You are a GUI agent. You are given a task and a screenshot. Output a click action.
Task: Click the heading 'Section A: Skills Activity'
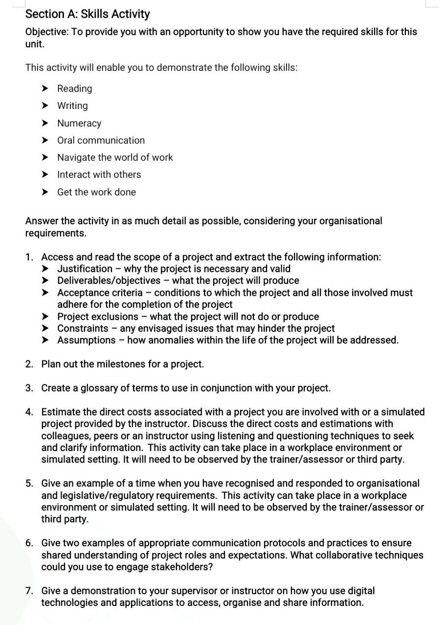pyautogui.click(x=88, y=14)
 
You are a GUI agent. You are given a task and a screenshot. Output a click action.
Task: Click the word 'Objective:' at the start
pyautogui.click(x=47, y=32)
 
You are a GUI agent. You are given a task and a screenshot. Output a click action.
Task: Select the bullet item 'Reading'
pyautogui.click(x=74, y=88)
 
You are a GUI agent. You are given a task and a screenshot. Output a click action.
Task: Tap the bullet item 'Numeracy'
pyautogui.click(x=79, y=123)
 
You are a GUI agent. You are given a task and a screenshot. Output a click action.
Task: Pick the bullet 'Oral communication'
pyautogui.click(x=101, y=140)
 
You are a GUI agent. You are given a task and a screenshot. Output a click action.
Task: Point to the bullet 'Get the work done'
pyautogui.click(x=96, y=192)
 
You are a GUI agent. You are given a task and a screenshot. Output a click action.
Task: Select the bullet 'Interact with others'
pyautogui.click(x=99, y=174)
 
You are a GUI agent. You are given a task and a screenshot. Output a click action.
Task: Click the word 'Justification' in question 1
pyautogui.click(x=85, y=269)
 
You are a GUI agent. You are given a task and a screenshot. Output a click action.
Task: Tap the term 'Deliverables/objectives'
pyautogui.click(x=109, y=280)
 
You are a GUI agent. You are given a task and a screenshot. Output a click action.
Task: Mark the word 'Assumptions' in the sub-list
pyautogui.click(x=86, y=340)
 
